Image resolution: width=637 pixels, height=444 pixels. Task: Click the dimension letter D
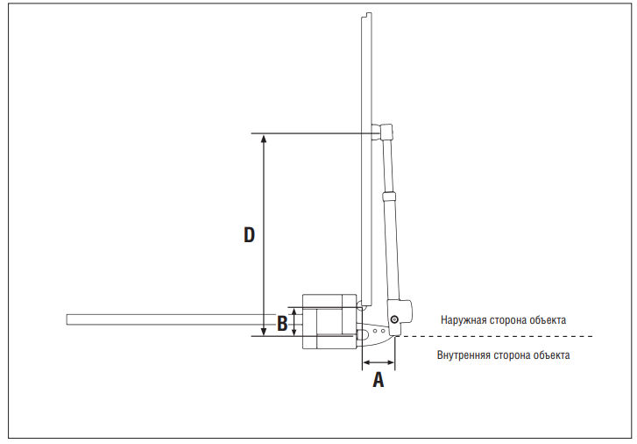(249, 235)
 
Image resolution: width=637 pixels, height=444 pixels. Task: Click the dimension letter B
(282, 323)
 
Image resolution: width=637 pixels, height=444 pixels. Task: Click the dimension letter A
(379, 380)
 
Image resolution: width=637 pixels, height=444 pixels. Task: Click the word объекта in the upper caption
(544, 319)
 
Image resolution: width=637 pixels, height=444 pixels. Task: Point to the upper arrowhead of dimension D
(264, 139)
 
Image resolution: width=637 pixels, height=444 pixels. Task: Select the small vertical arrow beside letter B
(294, 322)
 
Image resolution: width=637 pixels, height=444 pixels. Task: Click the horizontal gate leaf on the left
(175, 319)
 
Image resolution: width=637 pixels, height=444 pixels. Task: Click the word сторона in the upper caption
(504, 319)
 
